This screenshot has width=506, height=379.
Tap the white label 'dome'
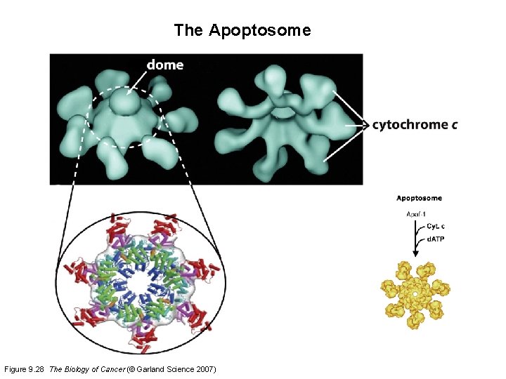click(165, 65)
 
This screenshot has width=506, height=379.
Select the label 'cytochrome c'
click(415, 125)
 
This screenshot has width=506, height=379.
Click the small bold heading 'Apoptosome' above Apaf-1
click(420, 198)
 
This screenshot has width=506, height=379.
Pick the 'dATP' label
click(436, 240)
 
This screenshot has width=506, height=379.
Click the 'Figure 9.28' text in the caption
click(24, 369)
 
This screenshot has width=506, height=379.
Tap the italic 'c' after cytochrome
click(455, 125)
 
